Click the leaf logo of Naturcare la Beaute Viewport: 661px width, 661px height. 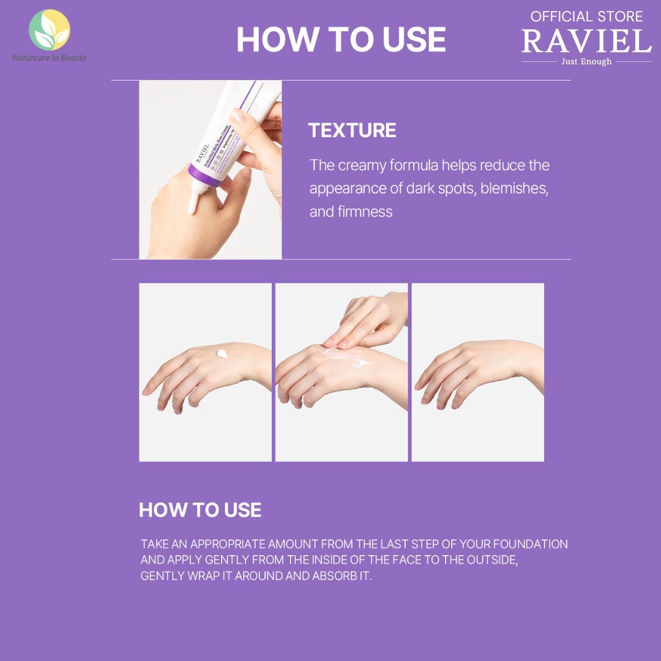[x=49, y=29]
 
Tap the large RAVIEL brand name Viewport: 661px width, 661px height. [x=586, y=42]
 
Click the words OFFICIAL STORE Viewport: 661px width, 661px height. [x=586, y=17]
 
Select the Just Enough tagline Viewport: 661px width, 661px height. [x=586, y=62]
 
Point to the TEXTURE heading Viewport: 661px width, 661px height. [x=352, y=130]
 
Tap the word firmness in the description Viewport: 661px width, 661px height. [x=365, y=212]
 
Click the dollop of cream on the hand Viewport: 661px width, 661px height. [x=222, y=354]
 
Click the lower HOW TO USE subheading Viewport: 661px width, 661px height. [x=200, y=510]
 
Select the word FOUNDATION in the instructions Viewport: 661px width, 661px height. [x=530, y=543]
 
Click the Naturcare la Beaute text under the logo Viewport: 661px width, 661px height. [x=50, y=58]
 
